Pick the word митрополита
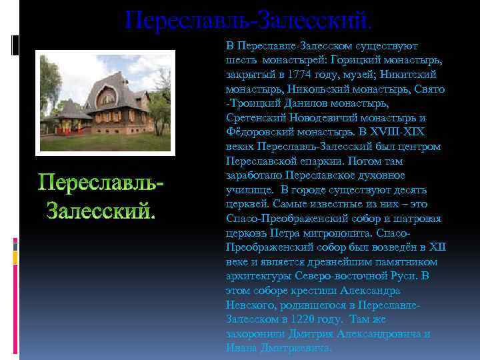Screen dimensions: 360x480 [x=339, y=233]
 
